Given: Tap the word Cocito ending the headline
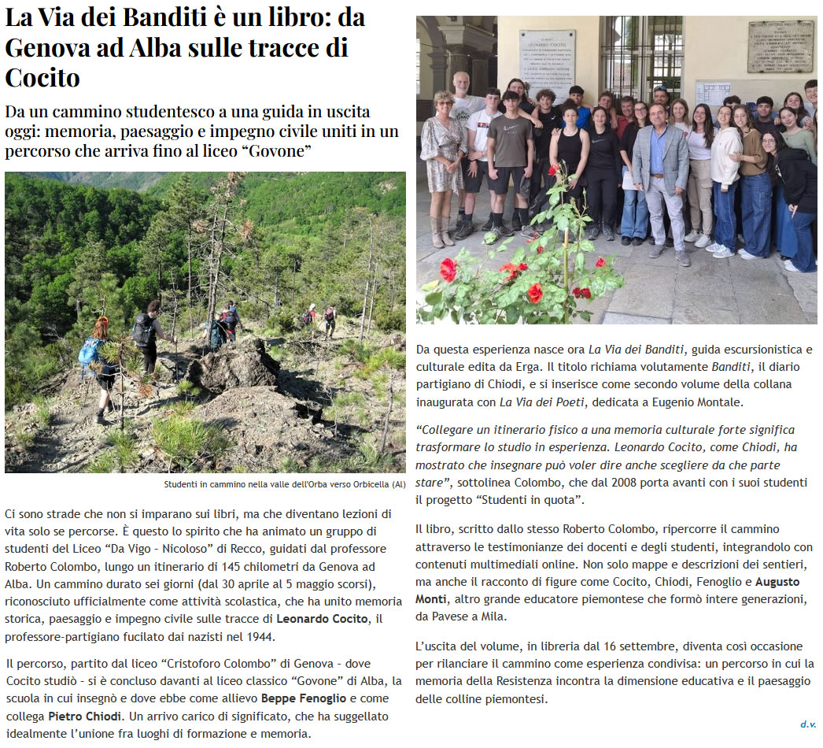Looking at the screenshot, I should point(42,78).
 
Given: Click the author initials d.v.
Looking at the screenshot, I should point(808,724).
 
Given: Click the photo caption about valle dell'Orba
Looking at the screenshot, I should point(285,484).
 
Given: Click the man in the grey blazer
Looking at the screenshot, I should point(659,177).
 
